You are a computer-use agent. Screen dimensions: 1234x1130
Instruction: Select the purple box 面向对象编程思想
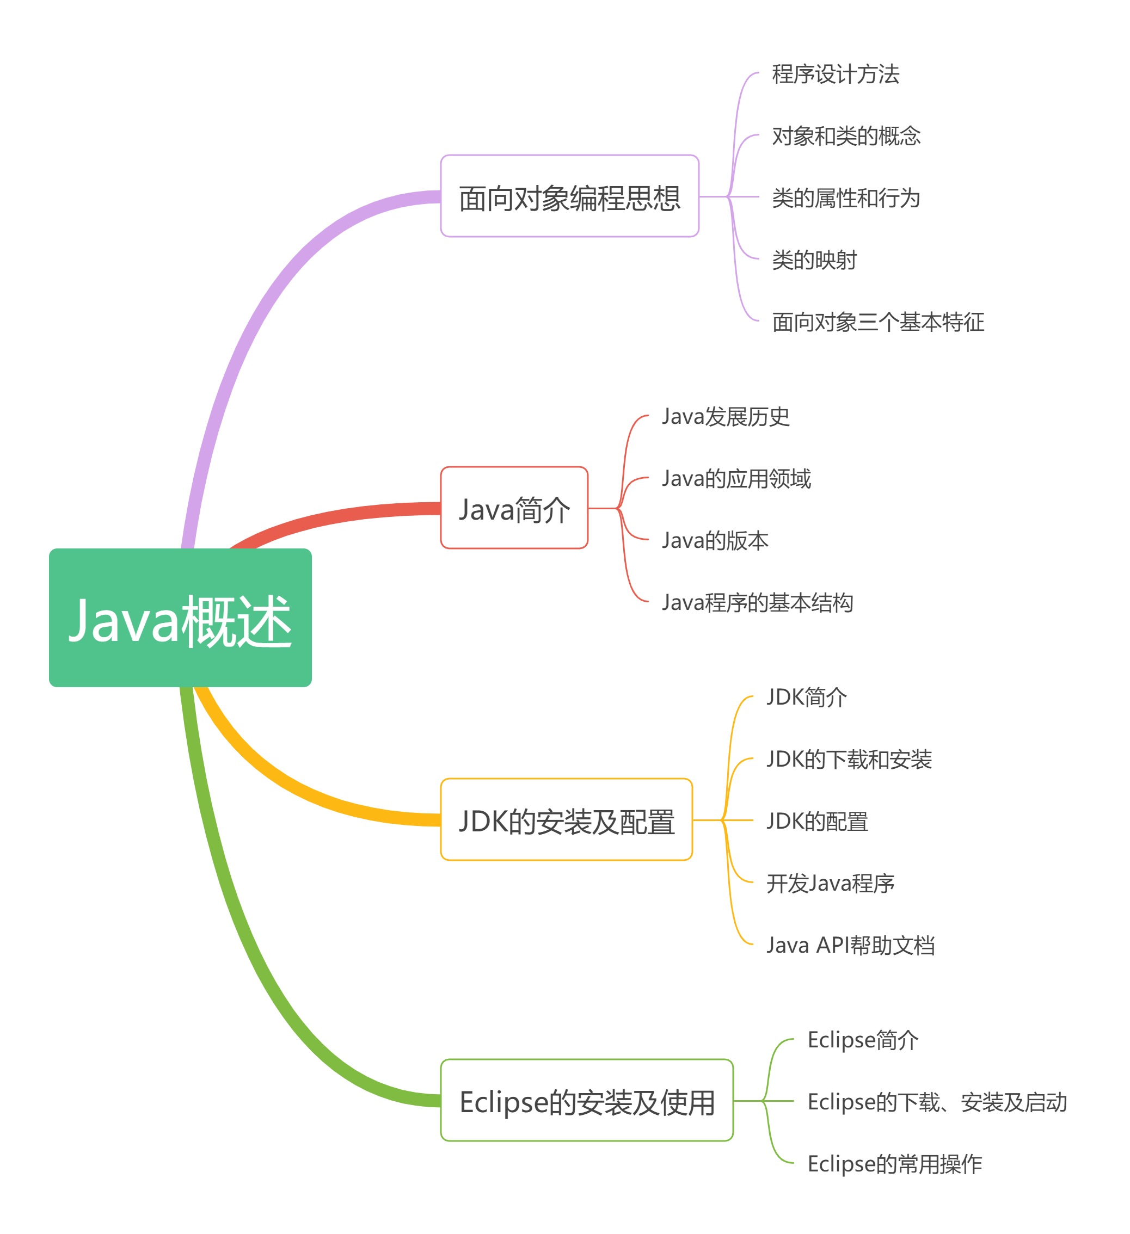(x=569, y=196)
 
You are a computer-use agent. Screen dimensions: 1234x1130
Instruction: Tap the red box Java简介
(x=514, y=508)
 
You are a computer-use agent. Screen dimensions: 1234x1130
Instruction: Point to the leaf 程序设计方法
(x=835, y=74)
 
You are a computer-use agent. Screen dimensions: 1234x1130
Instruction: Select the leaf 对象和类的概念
(x=845, y=136)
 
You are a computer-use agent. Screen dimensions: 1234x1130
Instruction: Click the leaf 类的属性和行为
(x=845, y=198)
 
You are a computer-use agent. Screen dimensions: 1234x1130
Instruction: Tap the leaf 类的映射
(x=813, y=260)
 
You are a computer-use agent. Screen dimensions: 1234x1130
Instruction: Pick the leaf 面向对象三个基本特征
(x=877, y=322)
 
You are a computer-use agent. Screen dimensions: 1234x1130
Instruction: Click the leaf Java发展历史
(x=725, y=416)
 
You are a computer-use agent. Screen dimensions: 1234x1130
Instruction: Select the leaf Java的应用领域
(x=735, y=478)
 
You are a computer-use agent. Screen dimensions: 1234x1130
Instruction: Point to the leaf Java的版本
(x=715, y=540)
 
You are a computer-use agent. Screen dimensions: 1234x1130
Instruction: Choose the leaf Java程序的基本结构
(x=757, y=602)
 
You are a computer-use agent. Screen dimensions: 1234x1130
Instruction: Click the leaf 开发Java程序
(x=830, y=883)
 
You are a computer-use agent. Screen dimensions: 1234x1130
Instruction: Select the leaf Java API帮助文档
(x=850, y=945)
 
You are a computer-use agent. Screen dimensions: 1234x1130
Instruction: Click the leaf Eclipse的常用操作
(x=894, y=1164)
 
